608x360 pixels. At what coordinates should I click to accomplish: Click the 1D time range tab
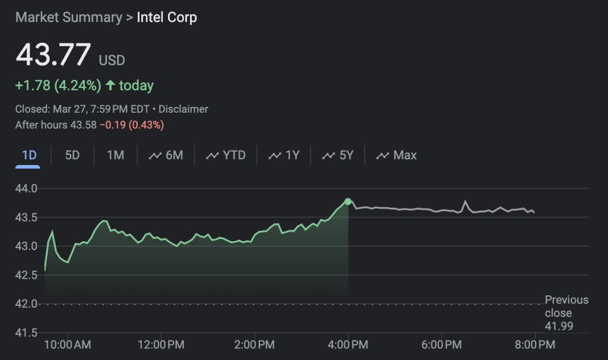tap(29, 156)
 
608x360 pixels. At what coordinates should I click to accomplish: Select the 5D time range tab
tap(72, 156)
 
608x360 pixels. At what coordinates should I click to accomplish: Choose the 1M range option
tap(115, 156)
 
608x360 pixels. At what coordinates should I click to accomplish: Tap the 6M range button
tap(166, 156)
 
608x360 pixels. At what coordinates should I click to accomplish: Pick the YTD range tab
tap(226, 156)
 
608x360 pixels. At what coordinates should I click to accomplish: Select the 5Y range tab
tap(338, 156)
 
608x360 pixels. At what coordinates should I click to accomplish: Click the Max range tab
tap(397, 156)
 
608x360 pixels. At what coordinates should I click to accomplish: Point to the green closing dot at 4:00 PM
tap(348, 201)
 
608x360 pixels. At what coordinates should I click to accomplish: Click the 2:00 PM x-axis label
tap(254, 345)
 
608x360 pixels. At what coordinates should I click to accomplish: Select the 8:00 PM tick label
tap(536, 345)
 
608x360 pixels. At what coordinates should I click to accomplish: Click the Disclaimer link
tap(184, 109)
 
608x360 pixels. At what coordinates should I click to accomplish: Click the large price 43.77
tap(53, 55)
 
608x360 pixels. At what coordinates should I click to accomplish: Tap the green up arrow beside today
tap(110, 86)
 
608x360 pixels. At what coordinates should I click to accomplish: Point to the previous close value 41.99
tap(559, 326)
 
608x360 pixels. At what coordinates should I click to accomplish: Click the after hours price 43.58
tap(84, 125)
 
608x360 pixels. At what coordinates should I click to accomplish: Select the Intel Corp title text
tap(167, 17)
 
